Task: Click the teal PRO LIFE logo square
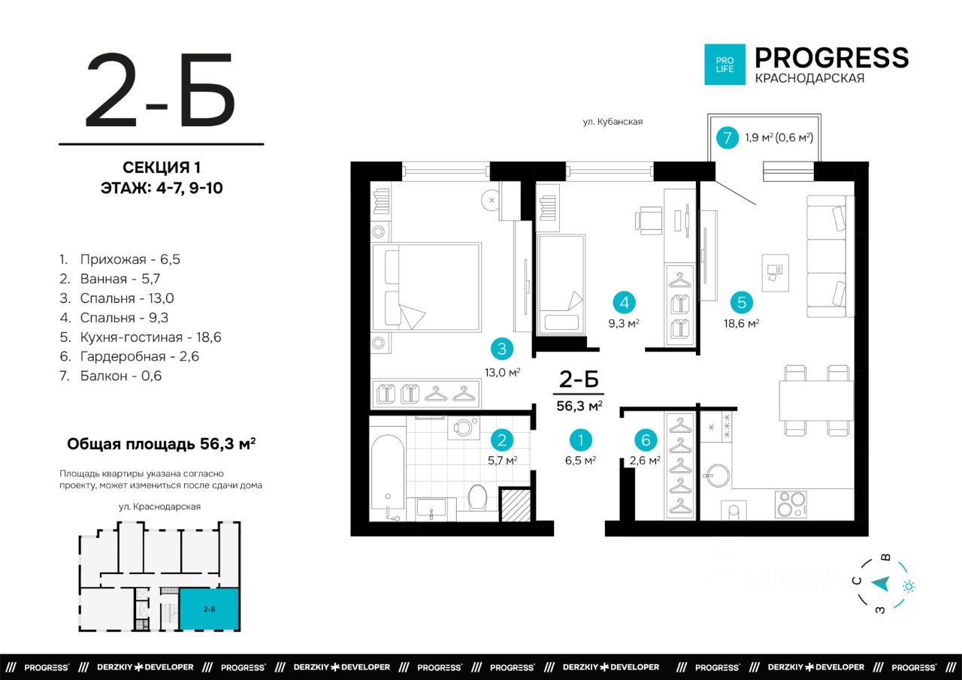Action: [x=725, y=65]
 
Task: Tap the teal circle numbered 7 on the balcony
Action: [x=727, y=138]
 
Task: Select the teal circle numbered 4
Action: [x=624, y=303]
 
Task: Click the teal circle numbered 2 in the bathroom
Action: [x=501, y=440]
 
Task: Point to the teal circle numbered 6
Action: [x=646, y=440]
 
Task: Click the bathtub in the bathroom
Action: [x=387, y=477]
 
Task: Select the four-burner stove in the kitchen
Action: [x=791, y=503]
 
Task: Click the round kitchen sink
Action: [x=718, y=475]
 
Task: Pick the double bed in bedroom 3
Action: [x=426, y=287]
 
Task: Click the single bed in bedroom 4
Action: [x=561, y=284]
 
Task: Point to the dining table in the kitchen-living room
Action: [x=816, y=400]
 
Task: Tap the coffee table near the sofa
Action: [x=775, y=273]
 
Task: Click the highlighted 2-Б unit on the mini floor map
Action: [x=209, y=609]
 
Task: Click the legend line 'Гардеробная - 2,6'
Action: [x=129, y=356]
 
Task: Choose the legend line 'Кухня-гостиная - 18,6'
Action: [x=141, y=337]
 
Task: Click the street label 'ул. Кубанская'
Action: [x=613, y=122]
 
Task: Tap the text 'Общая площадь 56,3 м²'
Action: [x=162, y=443]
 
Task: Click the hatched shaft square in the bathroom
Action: [x=516, y=504]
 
